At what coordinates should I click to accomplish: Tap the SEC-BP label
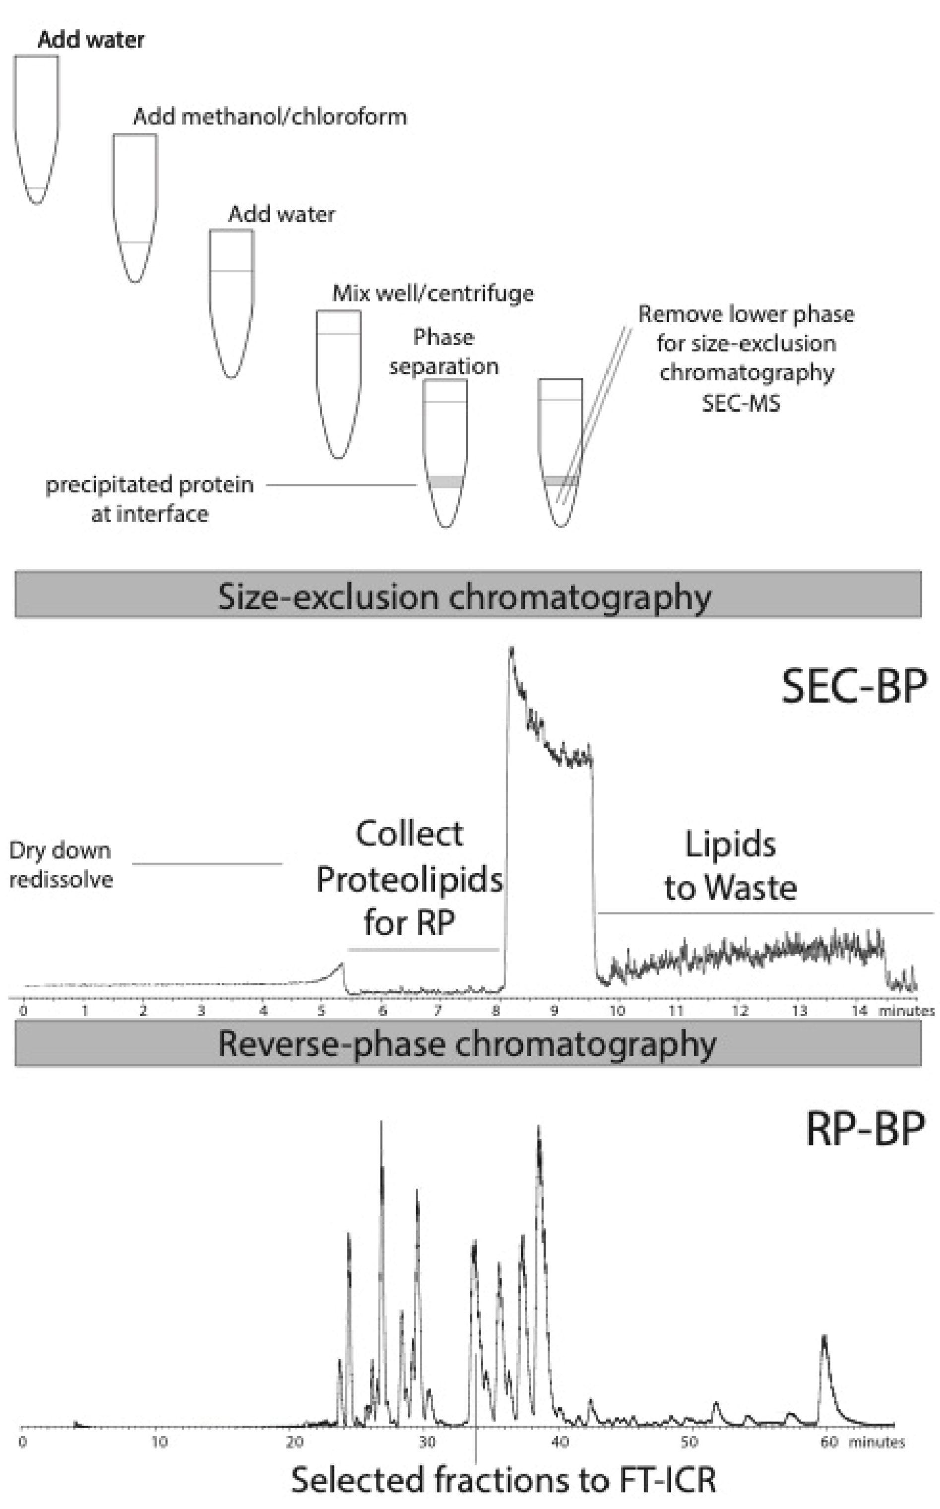(853, 687)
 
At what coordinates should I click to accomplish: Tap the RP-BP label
(865, 1128)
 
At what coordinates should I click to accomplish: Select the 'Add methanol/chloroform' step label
(270, 117)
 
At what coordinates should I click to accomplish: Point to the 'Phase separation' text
(444, 352)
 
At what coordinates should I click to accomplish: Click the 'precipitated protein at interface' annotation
(150, 498)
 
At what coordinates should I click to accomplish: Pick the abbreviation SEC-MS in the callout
(741, 403)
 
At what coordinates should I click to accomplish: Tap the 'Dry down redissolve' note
(61, 864)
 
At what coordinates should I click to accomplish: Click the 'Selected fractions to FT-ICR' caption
(503, 1480)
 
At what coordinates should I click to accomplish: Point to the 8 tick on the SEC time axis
(496, 1011)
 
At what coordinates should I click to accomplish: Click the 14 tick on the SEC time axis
(859, 1011)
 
